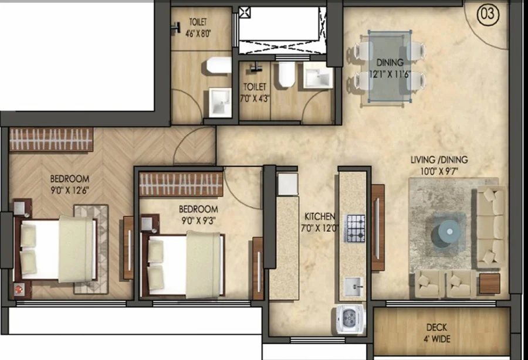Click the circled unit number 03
(x=488, y=14)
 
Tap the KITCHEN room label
(x=320, y=216)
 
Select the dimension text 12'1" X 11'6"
(x=390, y=74)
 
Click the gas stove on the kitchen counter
(x=356, y=229)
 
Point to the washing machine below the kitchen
(x=351, y=320)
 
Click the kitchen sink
(x=352, y=287)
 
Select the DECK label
(x=436, y=327)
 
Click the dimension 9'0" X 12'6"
(x=70, y=191)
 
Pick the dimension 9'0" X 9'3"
(x=198, y=220)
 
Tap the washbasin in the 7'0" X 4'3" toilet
(x=317, y=77)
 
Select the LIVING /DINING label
(x=439, y=159)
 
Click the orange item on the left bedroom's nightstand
(x=19, y=288)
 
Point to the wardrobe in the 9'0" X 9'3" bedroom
(x=181, y=184)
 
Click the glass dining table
(x=390, y=66)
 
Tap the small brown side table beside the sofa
(x=490, y=284)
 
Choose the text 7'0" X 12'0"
(x=320, y=229)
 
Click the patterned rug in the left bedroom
(x=91, y=249)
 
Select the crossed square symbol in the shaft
(x=245, y=13)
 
